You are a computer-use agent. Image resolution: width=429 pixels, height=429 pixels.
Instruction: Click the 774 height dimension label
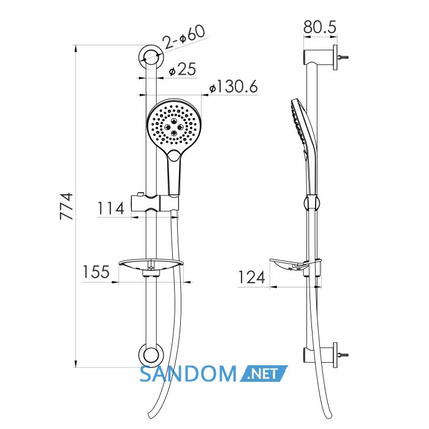[x=66, y=206]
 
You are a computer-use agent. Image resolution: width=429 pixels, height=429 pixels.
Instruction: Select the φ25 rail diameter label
[x=183, y=69]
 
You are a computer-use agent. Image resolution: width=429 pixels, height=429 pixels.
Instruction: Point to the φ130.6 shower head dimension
[x=233, y=87]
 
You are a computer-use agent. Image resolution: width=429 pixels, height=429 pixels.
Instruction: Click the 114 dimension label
[x=111, y=208]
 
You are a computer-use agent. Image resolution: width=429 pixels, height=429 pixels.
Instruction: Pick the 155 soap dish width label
[x=96, y=271]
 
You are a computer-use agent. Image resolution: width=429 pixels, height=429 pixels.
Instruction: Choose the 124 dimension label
[x=252, y=277]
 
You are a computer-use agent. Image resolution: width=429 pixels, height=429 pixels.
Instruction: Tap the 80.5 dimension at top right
[x=320, y=27]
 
